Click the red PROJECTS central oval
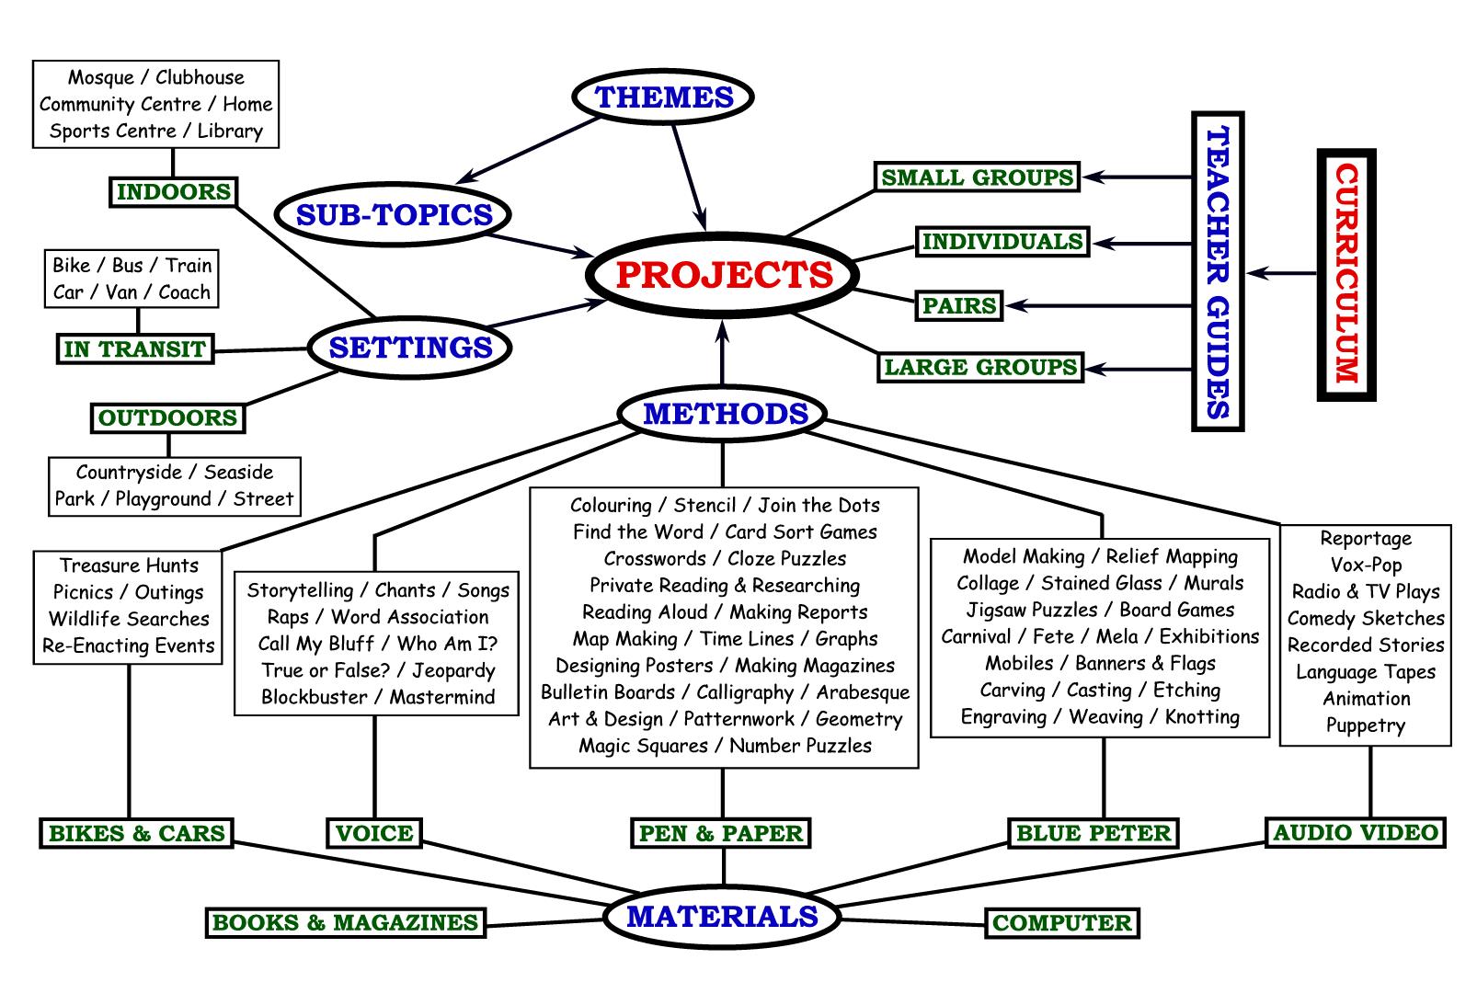coord(724,275)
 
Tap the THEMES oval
coord(663,97)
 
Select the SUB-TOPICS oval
coord(394,215)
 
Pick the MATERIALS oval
coord(722,917)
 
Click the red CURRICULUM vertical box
coord(1345,274)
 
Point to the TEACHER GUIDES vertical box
coord(1217,272)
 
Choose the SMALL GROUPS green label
coord(977,177)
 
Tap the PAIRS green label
coord(959,305)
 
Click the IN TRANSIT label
coord(134,349)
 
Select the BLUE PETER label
coord(1093,834)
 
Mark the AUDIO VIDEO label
coord(1355,833)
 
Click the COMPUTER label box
coord(1061,923)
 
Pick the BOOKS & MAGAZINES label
coord(345,923)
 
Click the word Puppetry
coord(1366,725)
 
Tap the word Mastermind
coord(442,697)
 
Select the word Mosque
coord(101,78)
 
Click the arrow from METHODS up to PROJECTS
coord(723,354)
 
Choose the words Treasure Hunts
coord(129,565)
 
